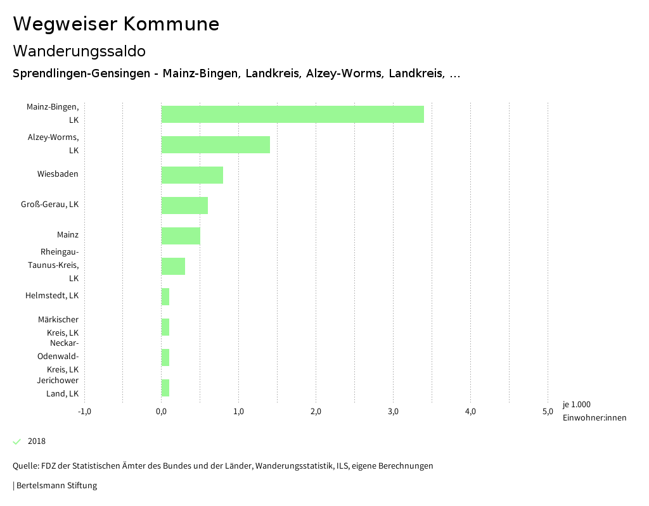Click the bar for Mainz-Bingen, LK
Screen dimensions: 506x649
(292, 115)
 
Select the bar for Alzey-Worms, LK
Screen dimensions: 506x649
(215, 145)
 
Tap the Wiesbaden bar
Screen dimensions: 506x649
(192, 175)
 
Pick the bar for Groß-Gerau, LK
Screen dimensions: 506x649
(184, 206)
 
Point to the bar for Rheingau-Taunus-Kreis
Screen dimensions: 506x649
(173, 267)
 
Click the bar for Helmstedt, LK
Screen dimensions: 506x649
(165, 297)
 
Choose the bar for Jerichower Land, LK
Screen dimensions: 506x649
(165, 388)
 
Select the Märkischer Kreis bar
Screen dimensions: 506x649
(165, 327)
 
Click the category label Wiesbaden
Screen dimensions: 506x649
(58, 174)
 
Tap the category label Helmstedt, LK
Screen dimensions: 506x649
(52, 296)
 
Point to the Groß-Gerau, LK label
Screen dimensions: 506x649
(50, 205)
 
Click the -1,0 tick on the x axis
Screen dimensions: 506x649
(84, 412)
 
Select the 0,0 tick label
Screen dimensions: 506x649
(162, 412)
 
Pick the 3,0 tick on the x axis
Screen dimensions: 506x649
(393, 412)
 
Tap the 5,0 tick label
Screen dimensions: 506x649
(548, 412)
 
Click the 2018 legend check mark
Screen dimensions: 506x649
(17, 441)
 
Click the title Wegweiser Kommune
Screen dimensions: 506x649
(116, 24)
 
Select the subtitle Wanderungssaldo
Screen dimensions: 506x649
(79, 51)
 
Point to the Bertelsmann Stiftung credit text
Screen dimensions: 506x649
(56, 486)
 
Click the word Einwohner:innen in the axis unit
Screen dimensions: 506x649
(594, 417)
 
